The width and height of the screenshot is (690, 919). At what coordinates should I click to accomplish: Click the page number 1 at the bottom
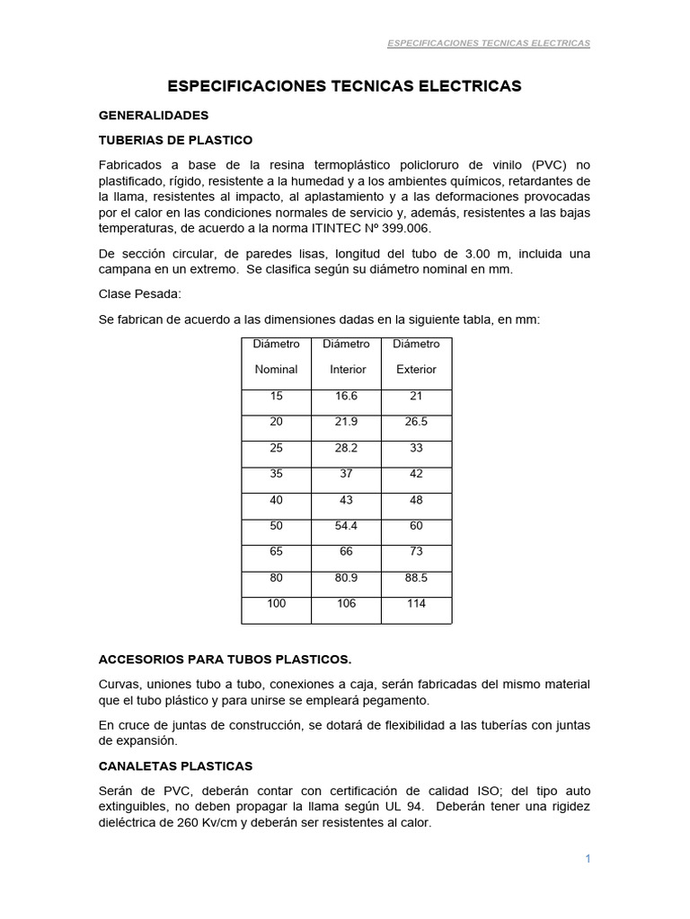(588, 859)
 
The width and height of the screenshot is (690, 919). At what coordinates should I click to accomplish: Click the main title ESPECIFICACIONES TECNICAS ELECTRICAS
(345, 86)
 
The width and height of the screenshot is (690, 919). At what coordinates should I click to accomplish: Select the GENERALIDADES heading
(153, 116)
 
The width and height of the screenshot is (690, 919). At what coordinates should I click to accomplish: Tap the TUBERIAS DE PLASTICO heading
(175, 140)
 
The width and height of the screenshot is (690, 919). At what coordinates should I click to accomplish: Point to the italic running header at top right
(488, 43)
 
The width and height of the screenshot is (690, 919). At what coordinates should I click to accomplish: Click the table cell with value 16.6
(347, 396)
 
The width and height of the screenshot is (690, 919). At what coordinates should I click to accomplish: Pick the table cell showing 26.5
(416, 422)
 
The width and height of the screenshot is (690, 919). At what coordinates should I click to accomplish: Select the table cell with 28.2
(347, 448)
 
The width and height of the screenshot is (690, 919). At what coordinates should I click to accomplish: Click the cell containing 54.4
(347, 526)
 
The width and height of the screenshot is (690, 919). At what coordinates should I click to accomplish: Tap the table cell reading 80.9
(347, 578)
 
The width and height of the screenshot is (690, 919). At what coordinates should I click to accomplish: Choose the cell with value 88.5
(416, 578)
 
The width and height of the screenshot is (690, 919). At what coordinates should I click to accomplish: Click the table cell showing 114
(416, 604)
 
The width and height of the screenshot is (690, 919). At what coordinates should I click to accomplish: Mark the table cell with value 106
(347, 604)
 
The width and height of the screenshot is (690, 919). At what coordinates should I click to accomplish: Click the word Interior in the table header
(348, 369)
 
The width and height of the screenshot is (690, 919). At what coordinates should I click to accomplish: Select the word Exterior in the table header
(416, 369)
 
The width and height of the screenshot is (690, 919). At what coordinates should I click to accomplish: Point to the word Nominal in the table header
(276, 369)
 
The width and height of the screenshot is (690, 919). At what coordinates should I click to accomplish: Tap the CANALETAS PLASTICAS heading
(175, 766)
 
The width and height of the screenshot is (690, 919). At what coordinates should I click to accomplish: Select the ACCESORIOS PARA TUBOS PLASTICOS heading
(225, 658)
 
